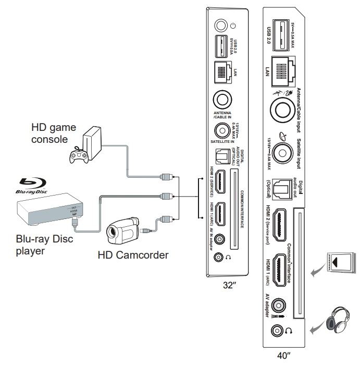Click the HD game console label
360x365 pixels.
(x=54, y=133)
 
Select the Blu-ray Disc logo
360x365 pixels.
(x=33, y=185)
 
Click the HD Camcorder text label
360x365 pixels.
(x=133, y=255)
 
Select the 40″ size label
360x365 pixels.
(x=283, y=356)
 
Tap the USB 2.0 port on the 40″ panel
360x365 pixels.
(x=279, y=32)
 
